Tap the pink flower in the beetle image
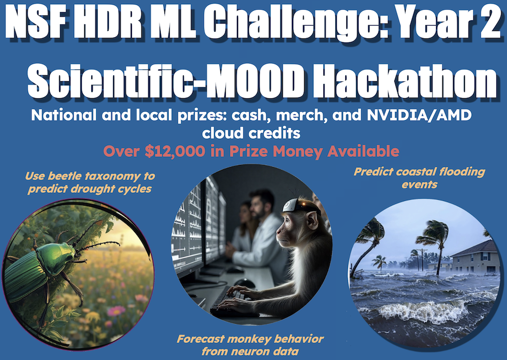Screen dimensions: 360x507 point(115,310)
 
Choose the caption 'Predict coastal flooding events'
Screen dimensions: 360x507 point(419,178)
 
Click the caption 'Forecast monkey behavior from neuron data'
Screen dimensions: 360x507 point(250,345)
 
